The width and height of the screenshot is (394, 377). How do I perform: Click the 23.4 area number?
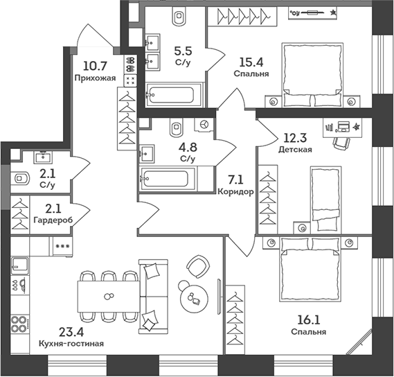pyautogui.click(x=71, y=332)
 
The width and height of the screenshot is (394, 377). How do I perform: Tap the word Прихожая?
pyautogui.click(x=96, y=78)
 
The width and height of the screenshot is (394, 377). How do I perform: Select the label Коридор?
pyautogui.click(x=235, y=192)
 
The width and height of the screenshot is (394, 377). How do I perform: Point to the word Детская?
pyautogui.click(x=295, y=150)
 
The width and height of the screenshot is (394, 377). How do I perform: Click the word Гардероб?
pyautogui.click(x=53, y=220)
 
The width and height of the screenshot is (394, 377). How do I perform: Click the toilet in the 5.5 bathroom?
pyautogui.click(x=179, y=16)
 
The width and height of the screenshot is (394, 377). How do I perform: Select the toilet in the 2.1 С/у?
pyautogui.click(x=19, y=179)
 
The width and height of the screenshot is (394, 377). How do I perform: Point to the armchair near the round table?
pyautogui.click(x=198, y=266)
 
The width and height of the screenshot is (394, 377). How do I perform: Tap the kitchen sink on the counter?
pyautogui.click(x=19, y=265)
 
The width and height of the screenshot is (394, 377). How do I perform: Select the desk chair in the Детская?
pyautogui.click(x=341, y=143)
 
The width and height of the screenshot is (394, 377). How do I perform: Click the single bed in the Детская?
pyautogui.click(x=326, y=198)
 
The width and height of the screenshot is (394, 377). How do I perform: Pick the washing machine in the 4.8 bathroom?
pyautogui.click(x=204, y=125)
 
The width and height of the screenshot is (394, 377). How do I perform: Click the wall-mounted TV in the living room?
pyautogui.click(x=219, y=297)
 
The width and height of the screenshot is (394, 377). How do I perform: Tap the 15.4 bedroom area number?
pyautogui.click(x=251, y=62)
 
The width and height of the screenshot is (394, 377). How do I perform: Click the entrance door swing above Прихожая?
pyautogui.click(x=95, y=36)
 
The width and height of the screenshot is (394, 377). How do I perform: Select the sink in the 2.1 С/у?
pyautogui.click(x=44, y=157)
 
